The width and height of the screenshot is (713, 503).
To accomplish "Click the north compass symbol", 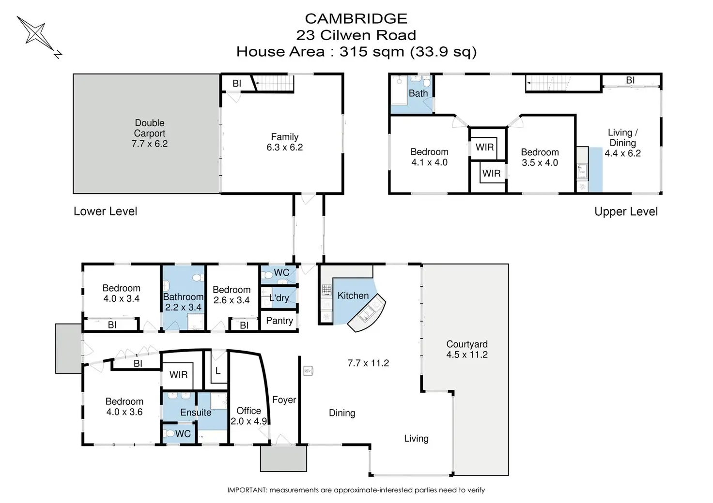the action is coord(39,37).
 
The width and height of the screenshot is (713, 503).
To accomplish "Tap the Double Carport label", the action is coord(150,128).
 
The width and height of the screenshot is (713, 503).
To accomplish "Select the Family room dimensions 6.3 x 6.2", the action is coord(284,148).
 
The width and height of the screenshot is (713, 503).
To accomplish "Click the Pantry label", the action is coord(279,321).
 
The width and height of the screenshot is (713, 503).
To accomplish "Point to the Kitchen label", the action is coord(353,296).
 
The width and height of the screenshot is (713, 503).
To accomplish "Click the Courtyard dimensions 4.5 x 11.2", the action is coord(467,355).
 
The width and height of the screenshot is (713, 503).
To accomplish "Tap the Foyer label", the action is coord(284,399).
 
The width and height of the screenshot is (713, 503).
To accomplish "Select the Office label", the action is coord(248,411).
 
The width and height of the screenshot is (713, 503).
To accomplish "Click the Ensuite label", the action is coord(196,413).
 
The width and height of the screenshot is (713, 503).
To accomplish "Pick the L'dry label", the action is coord(279,298).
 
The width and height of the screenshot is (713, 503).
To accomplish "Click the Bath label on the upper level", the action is coord(418,93).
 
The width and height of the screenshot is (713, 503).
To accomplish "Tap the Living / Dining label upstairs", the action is coord(622,137).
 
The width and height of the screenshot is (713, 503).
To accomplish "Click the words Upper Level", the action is coord(626,212).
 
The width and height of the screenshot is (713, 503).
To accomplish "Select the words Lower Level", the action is coord(106,211).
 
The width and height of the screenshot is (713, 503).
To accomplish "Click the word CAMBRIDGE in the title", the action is coord(356,19).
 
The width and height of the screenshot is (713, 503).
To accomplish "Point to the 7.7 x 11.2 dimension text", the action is coord(368,363).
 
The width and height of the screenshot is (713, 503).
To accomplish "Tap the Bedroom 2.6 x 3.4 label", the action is coord(232,295).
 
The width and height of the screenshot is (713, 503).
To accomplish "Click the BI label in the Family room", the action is coord(237,83).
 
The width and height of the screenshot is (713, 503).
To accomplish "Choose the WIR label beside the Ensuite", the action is coord(179,375).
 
